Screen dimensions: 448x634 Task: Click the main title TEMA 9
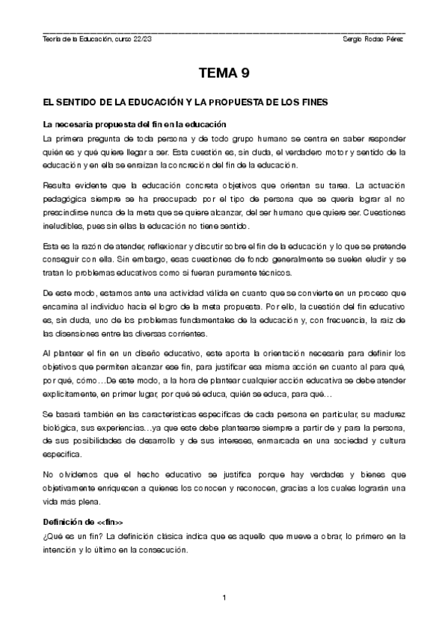[224, 73]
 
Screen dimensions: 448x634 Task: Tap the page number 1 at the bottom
[224, 597]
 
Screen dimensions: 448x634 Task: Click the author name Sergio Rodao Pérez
[372, 39]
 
